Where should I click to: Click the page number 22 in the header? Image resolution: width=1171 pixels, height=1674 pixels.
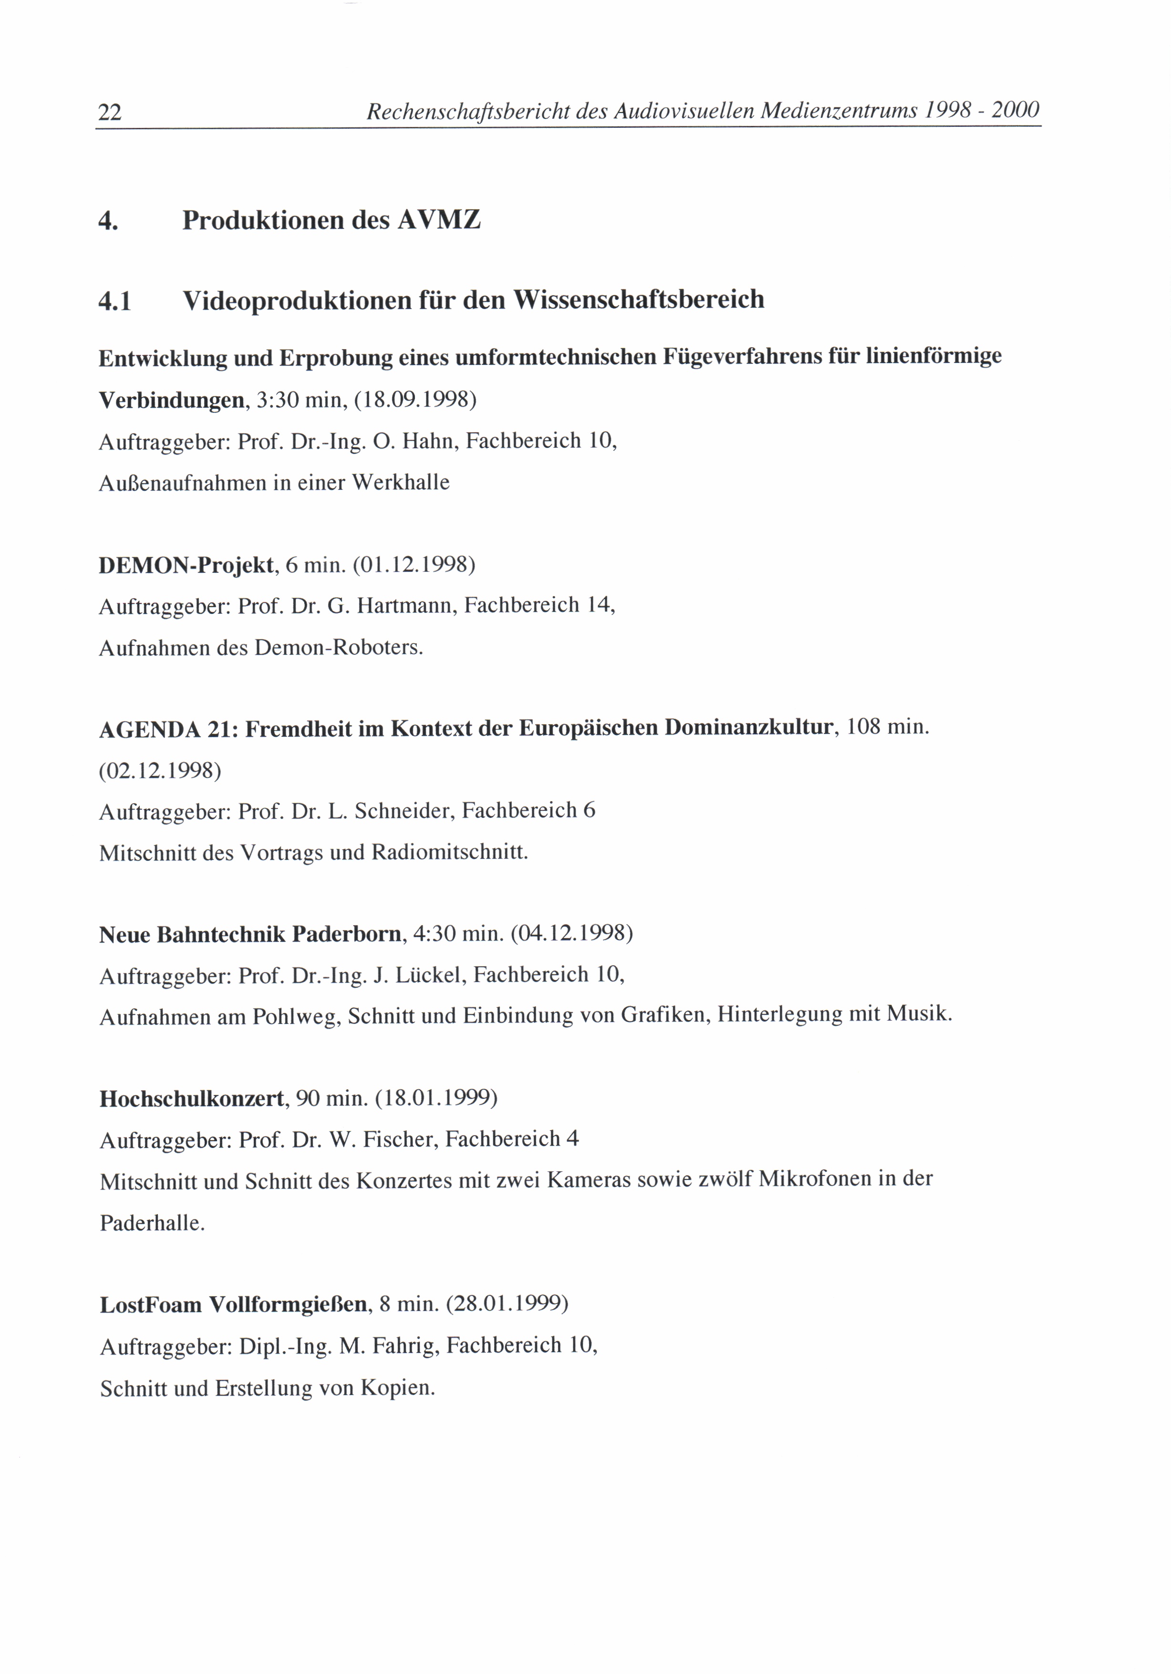(109, 112)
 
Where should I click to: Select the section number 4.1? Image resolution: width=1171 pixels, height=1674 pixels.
(114, 300)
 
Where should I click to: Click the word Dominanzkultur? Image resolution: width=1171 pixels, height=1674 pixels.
(748, 728)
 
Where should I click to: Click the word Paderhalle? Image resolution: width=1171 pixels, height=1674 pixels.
(152, 1223)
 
